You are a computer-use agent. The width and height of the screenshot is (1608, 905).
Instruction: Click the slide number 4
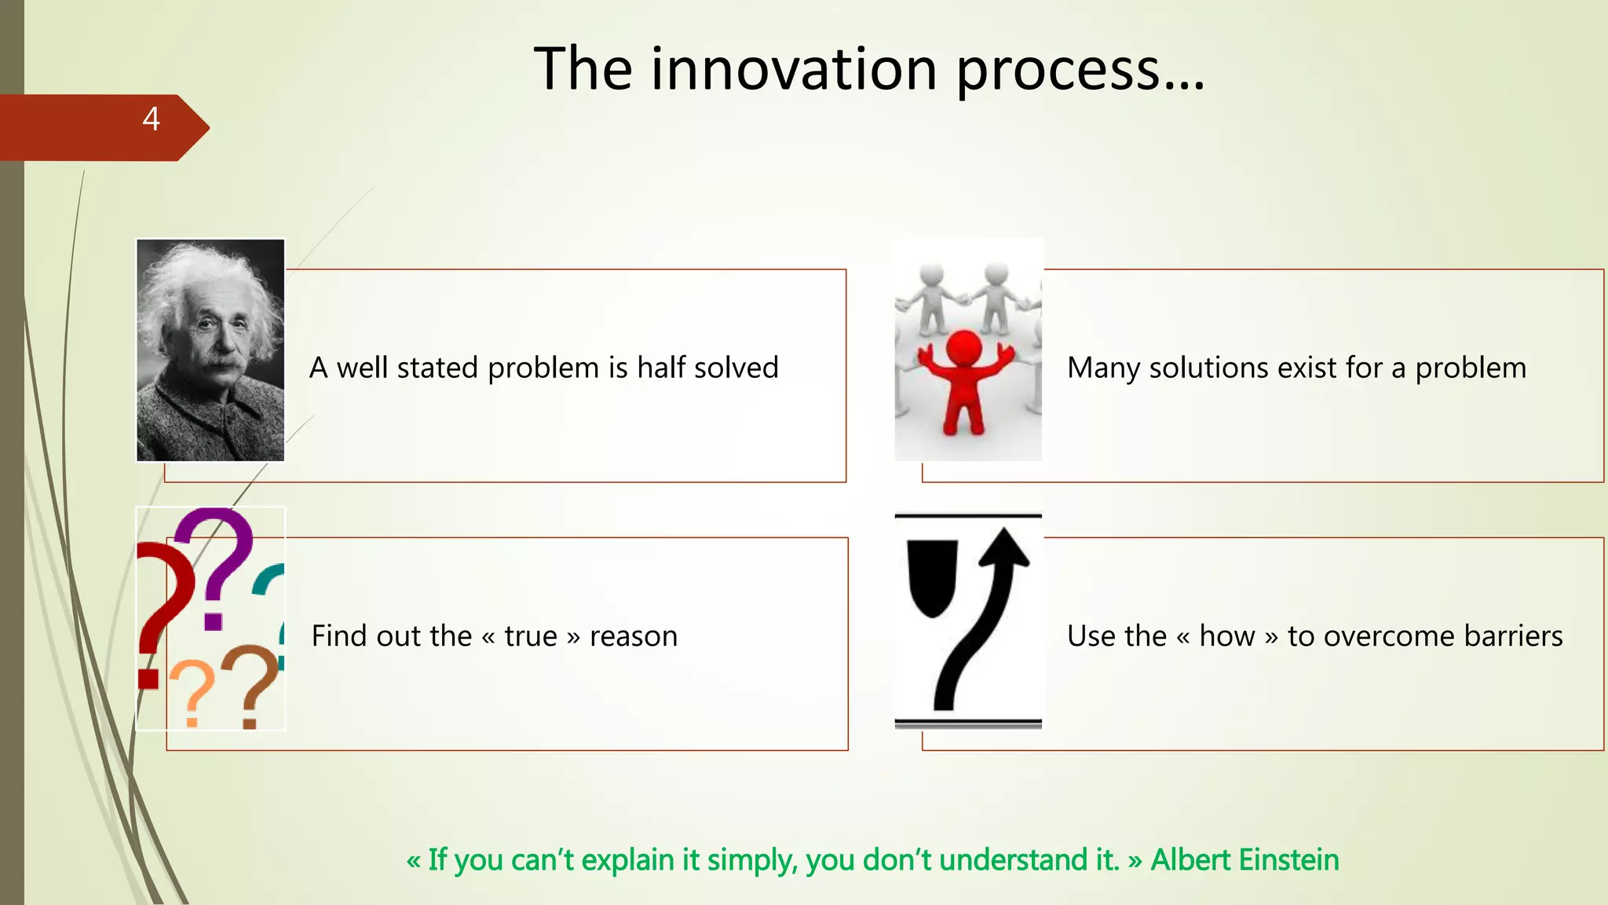click(x=152, y=119)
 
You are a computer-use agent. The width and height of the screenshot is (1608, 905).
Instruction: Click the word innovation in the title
click(x=794, y=70)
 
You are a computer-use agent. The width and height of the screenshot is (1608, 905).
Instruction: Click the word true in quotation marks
click(x=531, y=636)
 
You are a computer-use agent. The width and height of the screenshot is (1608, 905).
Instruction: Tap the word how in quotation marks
click(x=1227, y=636)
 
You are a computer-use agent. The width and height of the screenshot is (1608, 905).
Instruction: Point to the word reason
click(x=634, y=636)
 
